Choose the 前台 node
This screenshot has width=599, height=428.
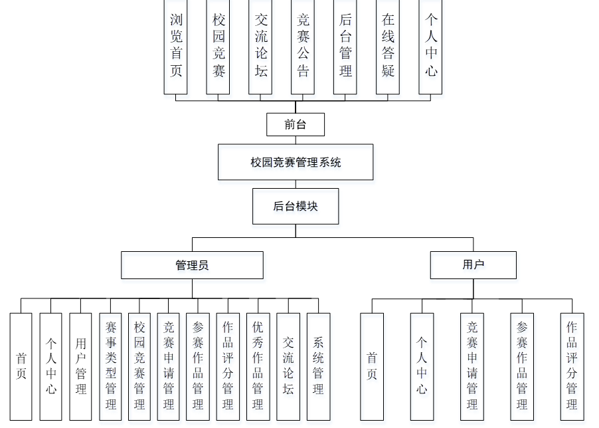coord(296,124)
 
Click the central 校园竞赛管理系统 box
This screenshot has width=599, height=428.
coord(296,162)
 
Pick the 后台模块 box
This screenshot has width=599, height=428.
coord(296,206)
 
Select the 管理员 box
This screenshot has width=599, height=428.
coord(192,265)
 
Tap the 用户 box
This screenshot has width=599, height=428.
coord(473,265)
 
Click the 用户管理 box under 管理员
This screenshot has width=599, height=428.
coord(81,366)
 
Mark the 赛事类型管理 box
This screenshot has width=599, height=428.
coord(111,366)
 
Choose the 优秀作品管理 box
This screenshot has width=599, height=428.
coord(258,366)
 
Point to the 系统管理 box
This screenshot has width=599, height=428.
coord(318,366)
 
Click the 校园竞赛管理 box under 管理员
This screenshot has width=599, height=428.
coord(139,366)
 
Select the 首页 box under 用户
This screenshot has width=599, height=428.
coord(372,366)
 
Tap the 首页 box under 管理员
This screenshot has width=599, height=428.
coord(21,366)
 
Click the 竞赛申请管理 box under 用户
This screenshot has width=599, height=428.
coord(472,366)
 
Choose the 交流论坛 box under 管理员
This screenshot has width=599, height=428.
coord(288,366)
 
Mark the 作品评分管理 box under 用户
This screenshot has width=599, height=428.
coord(572,366)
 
